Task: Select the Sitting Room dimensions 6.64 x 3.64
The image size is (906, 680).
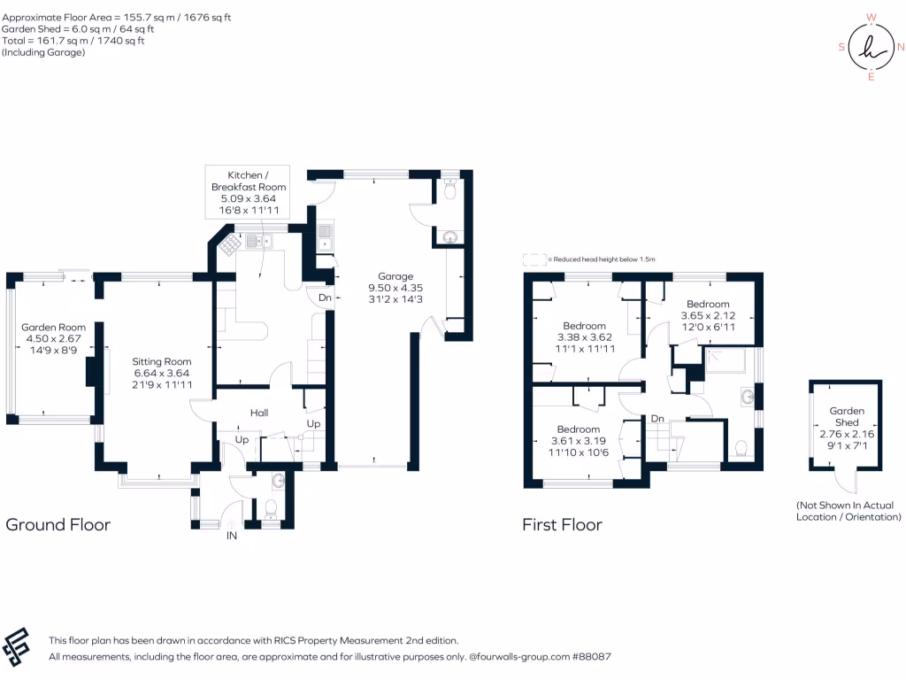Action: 162,374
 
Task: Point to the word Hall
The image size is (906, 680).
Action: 258,413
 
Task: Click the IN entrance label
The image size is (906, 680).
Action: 232,536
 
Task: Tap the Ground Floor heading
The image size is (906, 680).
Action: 58,524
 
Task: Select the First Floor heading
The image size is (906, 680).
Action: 562,524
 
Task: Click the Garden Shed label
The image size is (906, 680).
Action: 846,417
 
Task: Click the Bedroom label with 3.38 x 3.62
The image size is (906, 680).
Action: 584,326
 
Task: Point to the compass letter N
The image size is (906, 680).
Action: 901,47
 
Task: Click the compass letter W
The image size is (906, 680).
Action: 871,17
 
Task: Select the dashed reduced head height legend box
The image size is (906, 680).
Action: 534,259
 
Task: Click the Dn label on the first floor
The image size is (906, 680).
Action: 657,418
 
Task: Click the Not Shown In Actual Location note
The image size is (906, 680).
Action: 847,510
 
